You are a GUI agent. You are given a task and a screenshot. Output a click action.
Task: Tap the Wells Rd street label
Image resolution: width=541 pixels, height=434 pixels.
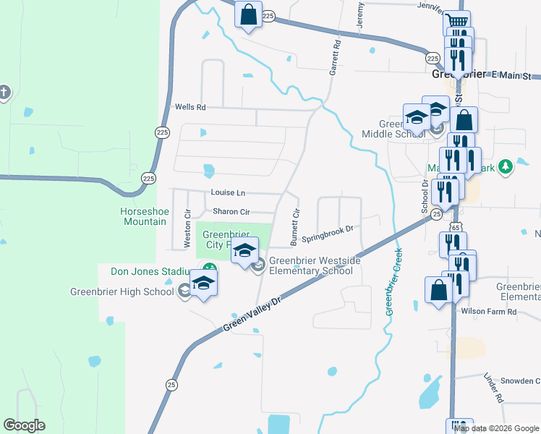(190, 107)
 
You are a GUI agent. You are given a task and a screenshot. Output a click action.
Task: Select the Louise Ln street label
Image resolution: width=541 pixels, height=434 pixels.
(228, 193)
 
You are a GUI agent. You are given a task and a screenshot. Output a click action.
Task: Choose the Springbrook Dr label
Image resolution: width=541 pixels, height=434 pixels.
(326, 233)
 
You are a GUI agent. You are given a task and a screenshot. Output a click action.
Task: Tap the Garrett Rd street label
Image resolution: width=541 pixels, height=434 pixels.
(335, 58)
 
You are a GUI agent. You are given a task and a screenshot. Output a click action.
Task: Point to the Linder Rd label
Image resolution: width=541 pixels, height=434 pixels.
(493, 389)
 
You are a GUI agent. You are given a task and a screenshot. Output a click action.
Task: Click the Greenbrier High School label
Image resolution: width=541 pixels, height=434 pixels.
(122, 292)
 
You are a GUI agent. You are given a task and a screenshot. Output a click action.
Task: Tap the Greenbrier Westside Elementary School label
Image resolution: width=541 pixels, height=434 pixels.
(311, 266)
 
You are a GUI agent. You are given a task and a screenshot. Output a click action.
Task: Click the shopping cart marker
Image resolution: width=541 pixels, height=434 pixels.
(456, 22)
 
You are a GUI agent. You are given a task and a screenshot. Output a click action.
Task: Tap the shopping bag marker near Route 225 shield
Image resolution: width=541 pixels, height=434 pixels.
(248, 14)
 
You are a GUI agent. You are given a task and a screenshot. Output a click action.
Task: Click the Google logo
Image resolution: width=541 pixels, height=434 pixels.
(24, 425)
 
